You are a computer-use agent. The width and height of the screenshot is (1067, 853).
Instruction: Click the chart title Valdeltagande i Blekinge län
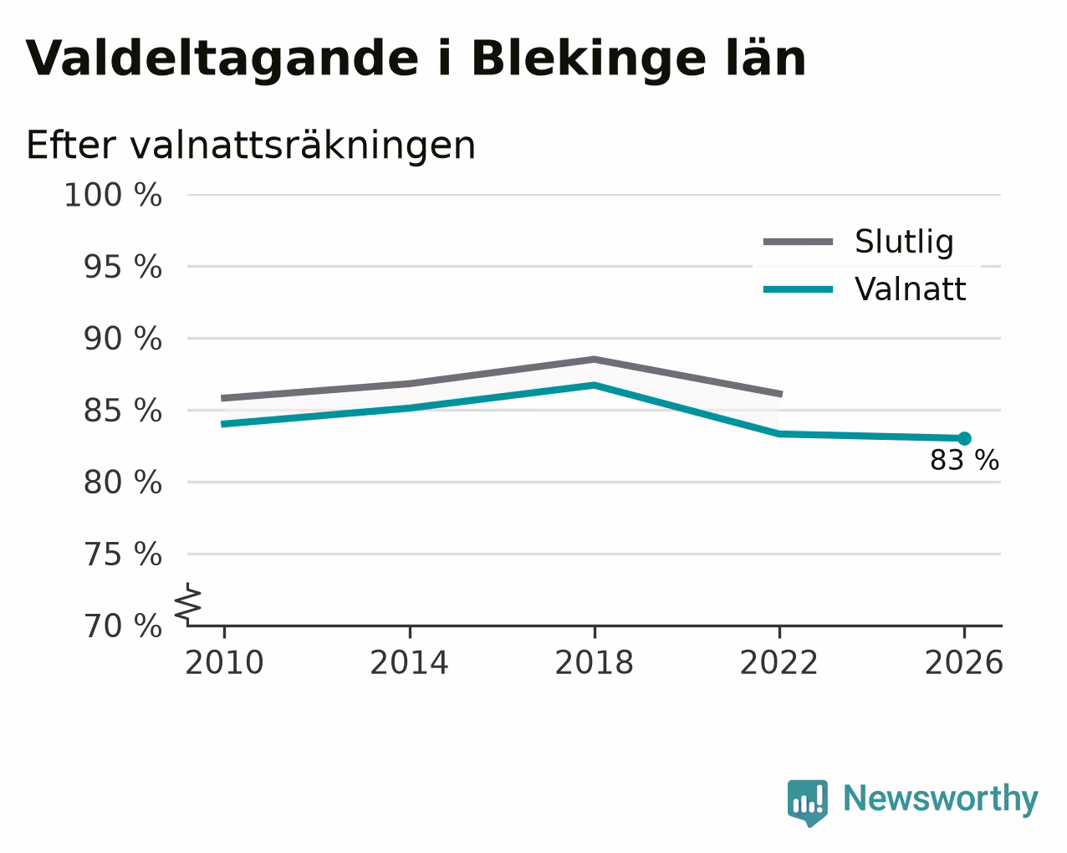(416, 59)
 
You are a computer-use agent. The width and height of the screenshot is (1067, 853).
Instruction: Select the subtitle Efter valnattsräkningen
(251, 146)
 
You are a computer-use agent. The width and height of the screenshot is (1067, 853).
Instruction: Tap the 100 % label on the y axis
(113, 195)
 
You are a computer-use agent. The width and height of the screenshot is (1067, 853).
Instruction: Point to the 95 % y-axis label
(123, 267)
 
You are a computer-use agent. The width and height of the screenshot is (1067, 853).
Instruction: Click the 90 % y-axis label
(123, 339)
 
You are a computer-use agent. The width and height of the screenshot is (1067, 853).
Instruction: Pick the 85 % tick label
(123, 411)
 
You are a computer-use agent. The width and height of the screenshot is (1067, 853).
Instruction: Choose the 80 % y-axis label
(123, 482)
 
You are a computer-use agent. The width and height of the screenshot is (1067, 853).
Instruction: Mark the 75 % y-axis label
(123, 554)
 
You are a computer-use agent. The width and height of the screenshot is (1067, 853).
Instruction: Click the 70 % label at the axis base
(123, 626)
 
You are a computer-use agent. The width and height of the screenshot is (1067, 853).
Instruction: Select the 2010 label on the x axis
(224, 662)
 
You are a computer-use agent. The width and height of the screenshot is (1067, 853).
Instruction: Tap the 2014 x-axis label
(410, 662)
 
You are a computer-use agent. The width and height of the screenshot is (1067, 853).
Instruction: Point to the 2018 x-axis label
(595, 662)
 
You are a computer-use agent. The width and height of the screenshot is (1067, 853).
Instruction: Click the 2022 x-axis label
(779, 662)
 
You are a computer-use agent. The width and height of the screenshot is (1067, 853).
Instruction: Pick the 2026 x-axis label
(964, 662)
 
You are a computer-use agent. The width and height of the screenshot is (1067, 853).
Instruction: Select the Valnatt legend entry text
(911, 289)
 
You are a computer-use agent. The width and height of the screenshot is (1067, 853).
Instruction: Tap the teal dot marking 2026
(964, 438)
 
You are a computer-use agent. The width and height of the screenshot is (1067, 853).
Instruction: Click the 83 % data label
(965, 460)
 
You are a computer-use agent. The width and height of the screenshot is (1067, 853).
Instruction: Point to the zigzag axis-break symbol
(188, 604)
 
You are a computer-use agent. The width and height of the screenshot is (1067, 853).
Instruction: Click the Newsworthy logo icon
(808, 803)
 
